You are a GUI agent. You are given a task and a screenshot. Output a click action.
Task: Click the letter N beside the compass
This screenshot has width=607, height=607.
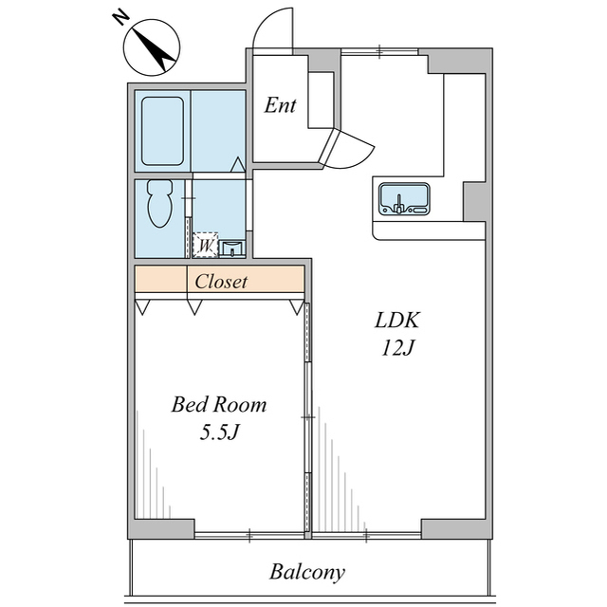(x=120, y=18)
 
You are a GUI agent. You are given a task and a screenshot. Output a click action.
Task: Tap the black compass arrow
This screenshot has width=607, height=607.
(x=154, y=49)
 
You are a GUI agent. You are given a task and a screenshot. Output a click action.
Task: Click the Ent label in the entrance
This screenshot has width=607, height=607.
(x=280, y=105)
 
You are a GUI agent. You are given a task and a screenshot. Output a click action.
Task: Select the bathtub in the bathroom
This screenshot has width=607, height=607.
(x=162, y=131)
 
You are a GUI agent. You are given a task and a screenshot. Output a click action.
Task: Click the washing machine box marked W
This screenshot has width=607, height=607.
(x=205, y=245)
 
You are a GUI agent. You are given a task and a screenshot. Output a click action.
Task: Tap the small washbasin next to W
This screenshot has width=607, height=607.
(x=231, y=248)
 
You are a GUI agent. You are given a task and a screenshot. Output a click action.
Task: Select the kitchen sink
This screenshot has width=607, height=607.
(x=404, y=198)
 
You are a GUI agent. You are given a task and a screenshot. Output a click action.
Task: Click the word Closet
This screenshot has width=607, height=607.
(x=221, y=282)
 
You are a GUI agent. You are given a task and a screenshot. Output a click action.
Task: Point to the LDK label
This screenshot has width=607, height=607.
(x=397, y=321)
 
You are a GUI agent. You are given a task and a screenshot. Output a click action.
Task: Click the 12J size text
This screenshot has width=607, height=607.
(x=398, y=347)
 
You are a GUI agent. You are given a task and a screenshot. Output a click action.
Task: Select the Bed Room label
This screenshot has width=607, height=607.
(x=219, y=405)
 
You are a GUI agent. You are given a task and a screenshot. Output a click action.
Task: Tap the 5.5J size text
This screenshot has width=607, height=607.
(x=219, y=432)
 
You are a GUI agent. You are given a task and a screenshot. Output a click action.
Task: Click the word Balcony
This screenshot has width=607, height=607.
(x=307, y=572)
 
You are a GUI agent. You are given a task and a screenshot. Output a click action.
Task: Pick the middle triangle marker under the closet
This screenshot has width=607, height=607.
(x=194, y=307)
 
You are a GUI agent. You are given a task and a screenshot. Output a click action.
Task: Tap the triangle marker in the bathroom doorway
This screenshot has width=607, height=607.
(x=238, y=164)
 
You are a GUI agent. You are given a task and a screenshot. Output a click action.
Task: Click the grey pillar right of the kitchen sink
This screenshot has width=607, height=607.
(x=474, y=201)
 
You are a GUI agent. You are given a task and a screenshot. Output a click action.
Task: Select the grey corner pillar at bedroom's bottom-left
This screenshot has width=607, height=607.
(x=164, y=529)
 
